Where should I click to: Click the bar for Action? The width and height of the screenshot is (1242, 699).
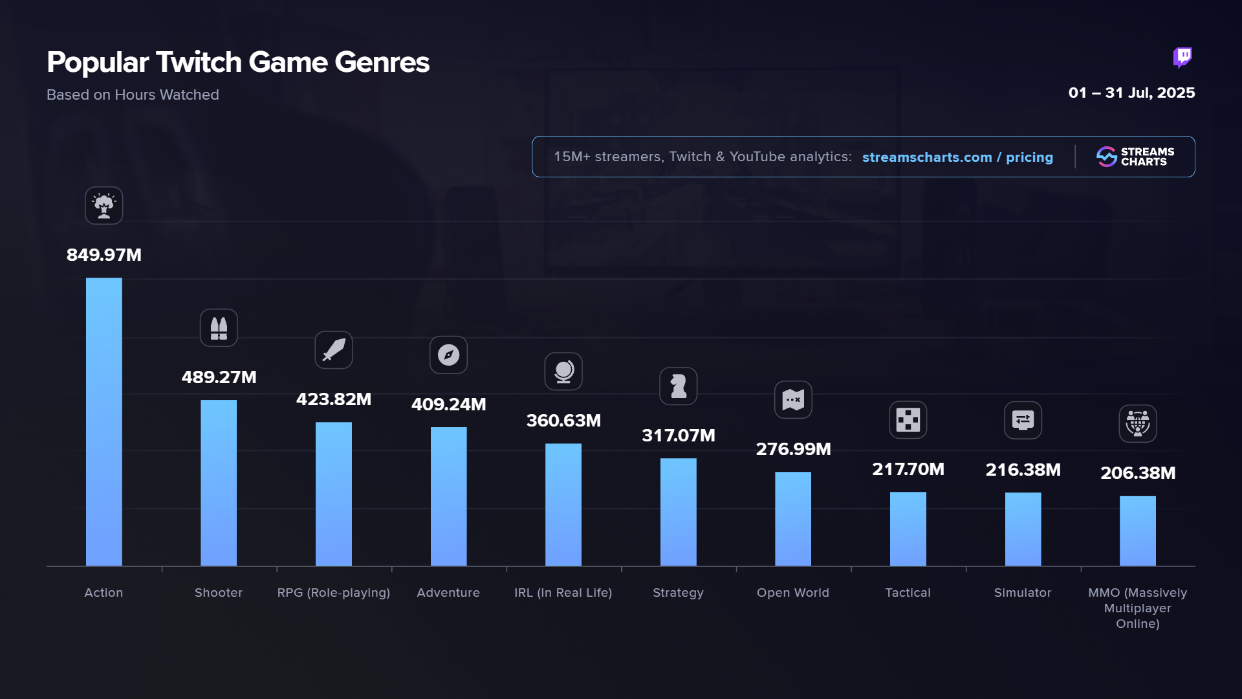pos(103,421)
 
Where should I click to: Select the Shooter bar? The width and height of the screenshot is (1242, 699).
pos(219,483)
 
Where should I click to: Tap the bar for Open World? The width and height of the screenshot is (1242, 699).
pos(793,518)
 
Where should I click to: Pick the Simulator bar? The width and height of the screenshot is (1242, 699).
pos(1023,529)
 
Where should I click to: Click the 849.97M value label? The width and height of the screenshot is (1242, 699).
pos(103,255)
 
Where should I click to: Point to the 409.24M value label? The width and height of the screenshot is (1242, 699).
pos(448,405)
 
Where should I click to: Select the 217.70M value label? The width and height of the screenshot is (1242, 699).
pos(908,469)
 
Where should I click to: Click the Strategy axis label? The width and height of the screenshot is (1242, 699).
pos(678,593)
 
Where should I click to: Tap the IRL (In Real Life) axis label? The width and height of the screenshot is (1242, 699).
pos(563,593)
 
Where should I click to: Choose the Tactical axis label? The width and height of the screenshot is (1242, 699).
pos(908,593)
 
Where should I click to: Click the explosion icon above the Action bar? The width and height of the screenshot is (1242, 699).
pos(103,206)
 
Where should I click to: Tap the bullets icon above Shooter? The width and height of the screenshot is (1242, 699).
pos(219,328)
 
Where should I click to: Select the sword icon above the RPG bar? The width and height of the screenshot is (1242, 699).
pos(334,350)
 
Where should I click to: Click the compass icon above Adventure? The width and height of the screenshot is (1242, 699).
pos(448,355)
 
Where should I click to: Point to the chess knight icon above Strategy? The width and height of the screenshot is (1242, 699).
pos(678,386)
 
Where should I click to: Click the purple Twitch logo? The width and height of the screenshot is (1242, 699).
pos(1182,58)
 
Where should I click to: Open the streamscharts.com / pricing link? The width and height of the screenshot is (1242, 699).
pos(957,157)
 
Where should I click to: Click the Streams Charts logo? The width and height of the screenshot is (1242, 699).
pos(1135,157)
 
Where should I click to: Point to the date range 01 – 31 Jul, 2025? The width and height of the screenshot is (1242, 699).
pos(1131,93)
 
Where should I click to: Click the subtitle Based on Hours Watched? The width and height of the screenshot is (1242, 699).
pos(133,95)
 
